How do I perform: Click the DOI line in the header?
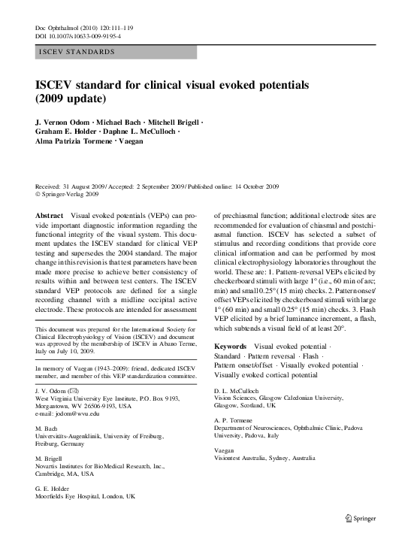tap(78, 36)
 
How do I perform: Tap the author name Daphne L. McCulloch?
tap(141, 132)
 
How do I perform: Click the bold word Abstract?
tap(50, 215)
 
